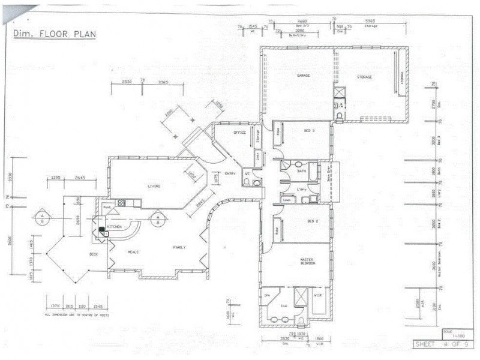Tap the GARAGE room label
click(304, 76)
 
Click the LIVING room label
click(154, 187)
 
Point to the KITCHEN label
click(114, 227)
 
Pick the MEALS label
click(133, 252)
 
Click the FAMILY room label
click(179, 247)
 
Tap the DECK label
click(94, 254)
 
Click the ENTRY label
click(230, 174)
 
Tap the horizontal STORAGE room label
click(365, 77)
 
